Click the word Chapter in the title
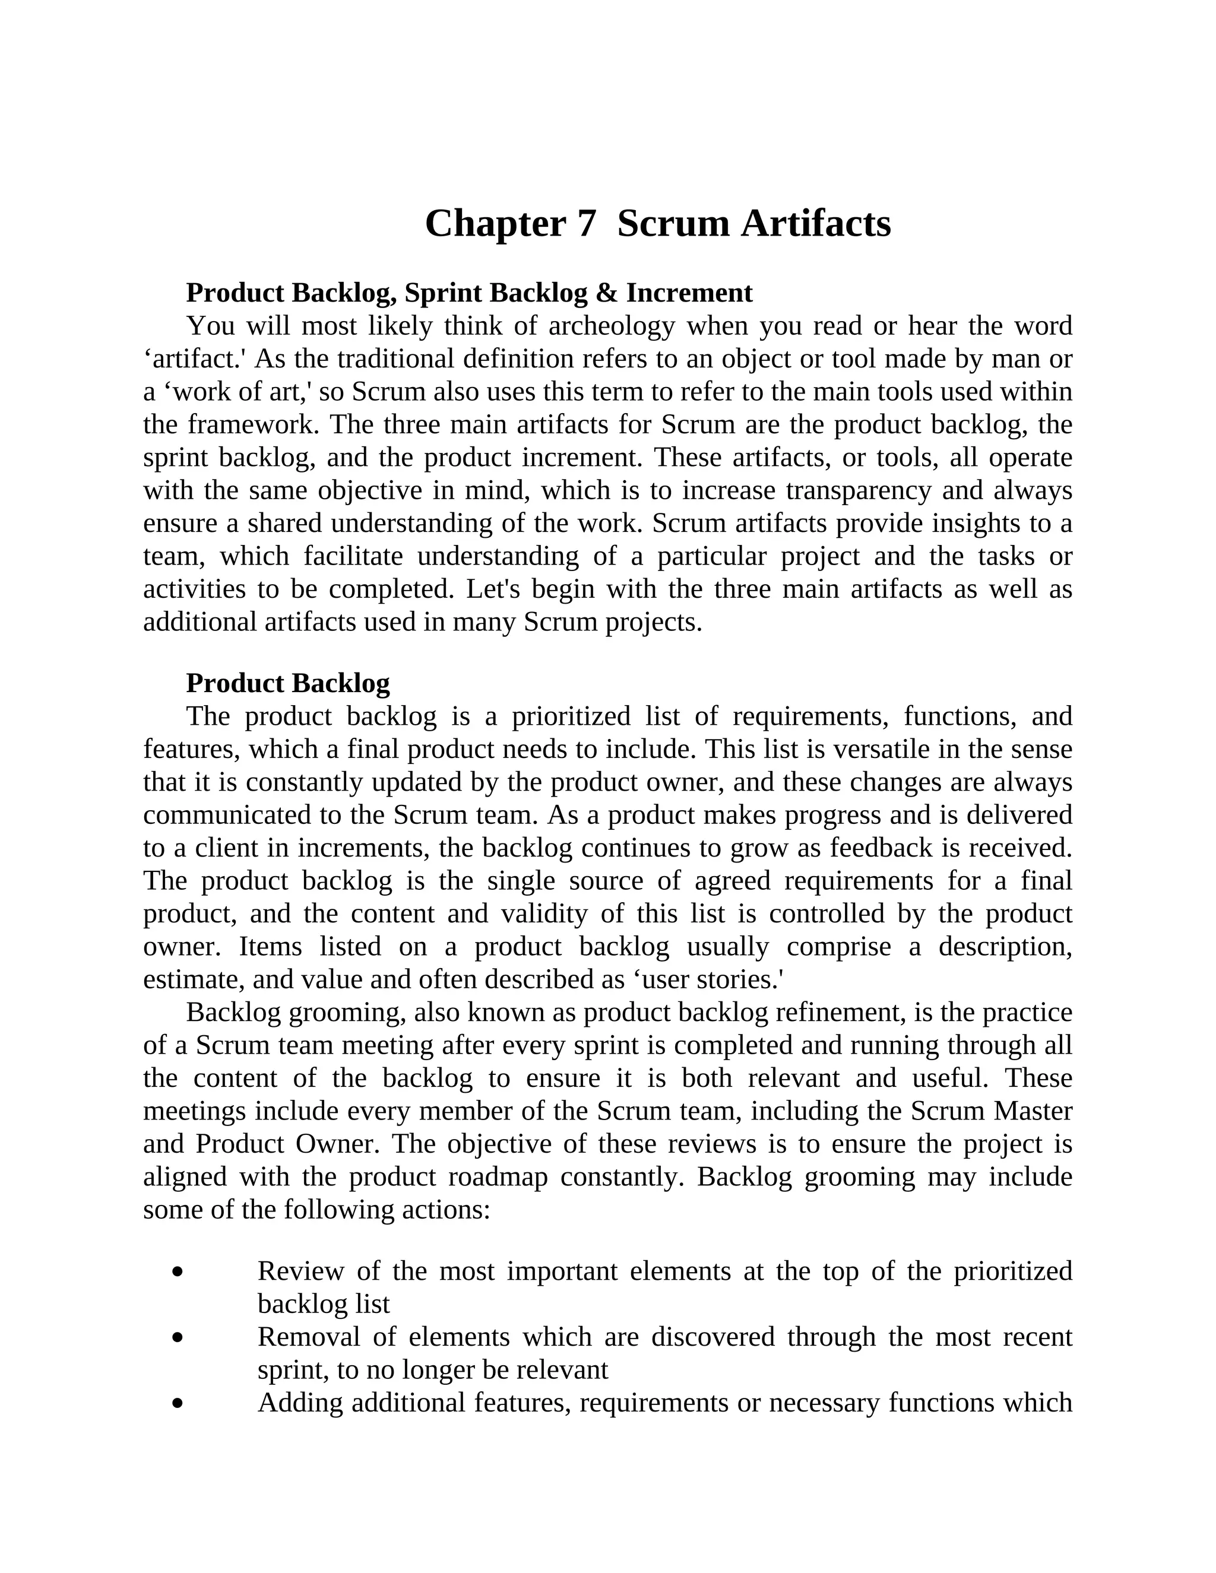(x=495, y=224)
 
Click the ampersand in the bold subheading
(x=607, y=293)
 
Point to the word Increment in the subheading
(x=689, y=293)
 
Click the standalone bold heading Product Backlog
(x=287, y=683)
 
